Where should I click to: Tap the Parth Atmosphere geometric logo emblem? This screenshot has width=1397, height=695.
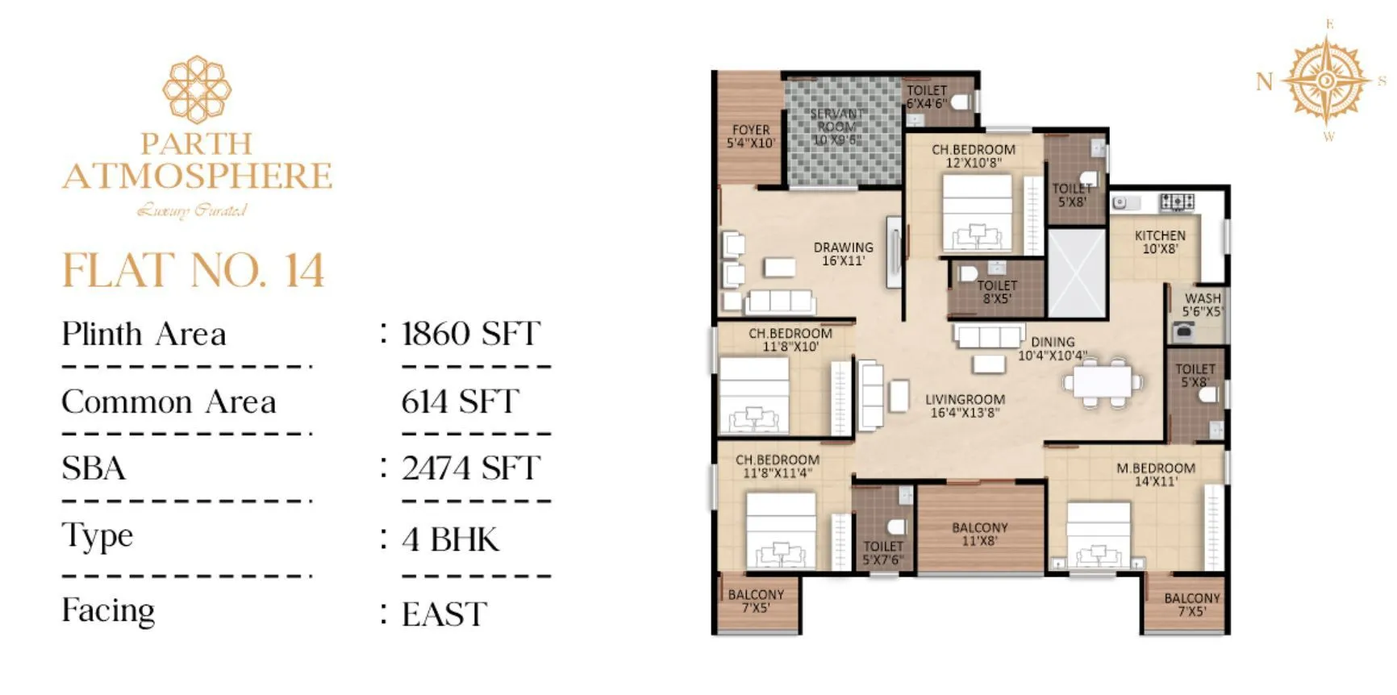coord(197,89)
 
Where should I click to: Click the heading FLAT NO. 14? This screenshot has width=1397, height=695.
coord(194,271)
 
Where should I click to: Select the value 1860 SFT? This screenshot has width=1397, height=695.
coord(470,334)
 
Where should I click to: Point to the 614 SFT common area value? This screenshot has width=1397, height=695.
coord(460,402)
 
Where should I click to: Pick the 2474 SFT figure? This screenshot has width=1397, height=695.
coord(470,468)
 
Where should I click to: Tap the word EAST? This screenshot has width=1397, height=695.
coord(444,614)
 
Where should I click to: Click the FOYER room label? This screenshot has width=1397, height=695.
coord(750,136)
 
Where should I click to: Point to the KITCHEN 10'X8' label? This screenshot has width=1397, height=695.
coord(1159,242)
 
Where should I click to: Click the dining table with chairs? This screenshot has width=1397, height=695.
coord(1103,381)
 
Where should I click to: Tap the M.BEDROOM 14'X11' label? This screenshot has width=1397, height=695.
coord(1155,474)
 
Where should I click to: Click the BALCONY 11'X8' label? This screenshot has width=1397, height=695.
coord(979,534)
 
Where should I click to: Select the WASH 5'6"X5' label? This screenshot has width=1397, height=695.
coord(1202,305)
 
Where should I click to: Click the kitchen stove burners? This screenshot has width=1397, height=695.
coord(1177,202)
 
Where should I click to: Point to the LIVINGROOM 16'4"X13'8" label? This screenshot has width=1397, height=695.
coord(965,406)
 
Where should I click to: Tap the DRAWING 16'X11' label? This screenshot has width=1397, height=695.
coord(843,254)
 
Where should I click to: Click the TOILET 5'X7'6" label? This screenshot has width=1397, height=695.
coord(882,552)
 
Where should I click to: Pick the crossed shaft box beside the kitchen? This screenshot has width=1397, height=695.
coord(1076,274)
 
